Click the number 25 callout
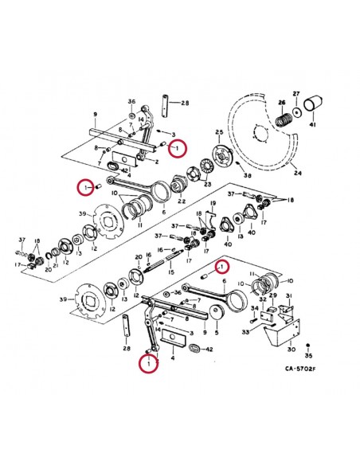(x=220, y=132)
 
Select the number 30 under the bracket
(x=291, y=348)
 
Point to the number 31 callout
(x=289, y=295)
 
